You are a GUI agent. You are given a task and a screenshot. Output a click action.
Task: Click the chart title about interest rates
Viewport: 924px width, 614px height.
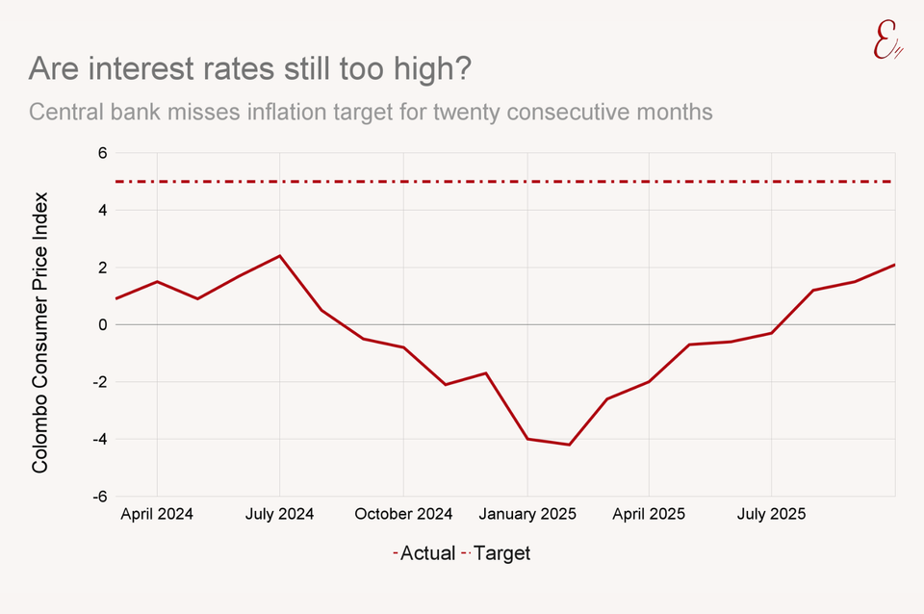click(251, 69)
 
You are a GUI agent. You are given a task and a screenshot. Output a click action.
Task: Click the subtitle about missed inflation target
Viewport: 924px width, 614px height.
click(371, 113)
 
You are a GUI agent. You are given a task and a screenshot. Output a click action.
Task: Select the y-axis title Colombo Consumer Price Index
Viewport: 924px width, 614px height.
click(39, 332)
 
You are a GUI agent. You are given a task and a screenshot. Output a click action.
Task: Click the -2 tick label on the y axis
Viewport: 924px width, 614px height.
click(97, 382)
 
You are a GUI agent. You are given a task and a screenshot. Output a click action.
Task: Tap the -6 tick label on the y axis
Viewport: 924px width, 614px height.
click(97, 497)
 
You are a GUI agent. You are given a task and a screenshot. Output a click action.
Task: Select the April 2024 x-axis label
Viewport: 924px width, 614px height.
click(157, 514)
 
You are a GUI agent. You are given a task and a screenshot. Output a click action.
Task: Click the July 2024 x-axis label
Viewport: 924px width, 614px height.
click(280, 514)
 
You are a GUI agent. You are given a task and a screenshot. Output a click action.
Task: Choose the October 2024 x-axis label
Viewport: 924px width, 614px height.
click(403, 514)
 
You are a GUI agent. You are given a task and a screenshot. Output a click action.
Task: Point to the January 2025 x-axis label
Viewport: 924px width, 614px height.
click(526, 514)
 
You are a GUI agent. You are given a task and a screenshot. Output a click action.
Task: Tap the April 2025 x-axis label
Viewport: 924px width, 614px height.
click(649, 514)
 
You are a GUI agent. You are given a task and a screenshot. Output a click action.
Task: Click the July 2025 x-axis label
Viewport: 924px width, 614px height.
click(771, 514)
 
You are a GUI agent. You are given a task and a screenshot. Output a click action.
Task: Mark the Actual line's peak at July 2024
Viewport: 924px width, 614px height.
click(280, 256)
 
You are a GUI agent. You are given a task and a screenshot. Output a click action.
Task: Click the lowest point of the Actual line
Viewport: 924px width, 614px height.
click(569, 445)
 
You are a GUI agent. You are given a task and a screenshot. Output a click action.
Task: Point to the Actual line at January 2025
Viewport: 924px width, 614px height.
click(526, 439)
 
